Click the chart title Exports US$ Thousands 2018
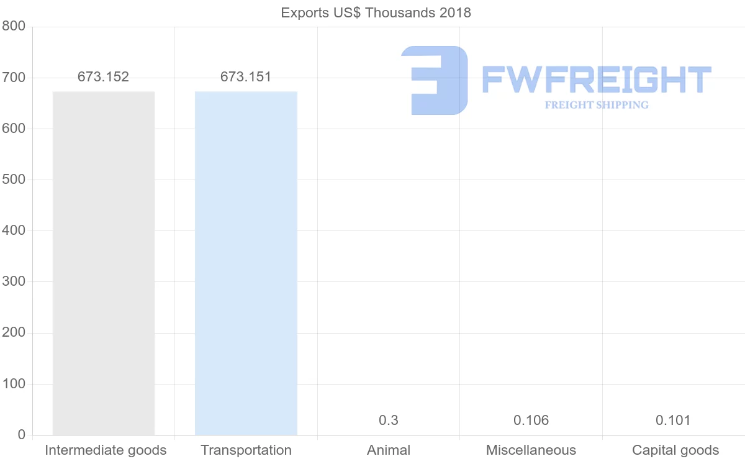point(376,12)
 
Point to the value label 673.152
point(103,77)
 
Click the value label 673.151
point(246,77)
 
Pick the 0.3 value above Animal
point(389,421)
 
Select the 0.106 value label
point(531,421)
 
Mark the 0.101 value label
point(673,421)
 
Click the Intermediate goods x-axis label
point(106,450)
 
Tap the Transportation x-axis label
point(246,450)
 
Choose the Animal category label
point(389,450)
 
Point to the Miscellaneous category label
point(531,450)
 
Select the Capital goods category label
point(675,450)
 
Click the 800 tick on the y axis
point(13,26)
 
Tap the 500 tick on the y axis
point(13,180)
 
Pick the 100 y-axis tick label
point(13,384)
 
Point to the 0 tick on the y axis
point(22,435)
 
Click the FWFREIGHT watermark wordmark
point(596,80)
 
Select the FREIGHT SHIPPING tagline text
point(597,105)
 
